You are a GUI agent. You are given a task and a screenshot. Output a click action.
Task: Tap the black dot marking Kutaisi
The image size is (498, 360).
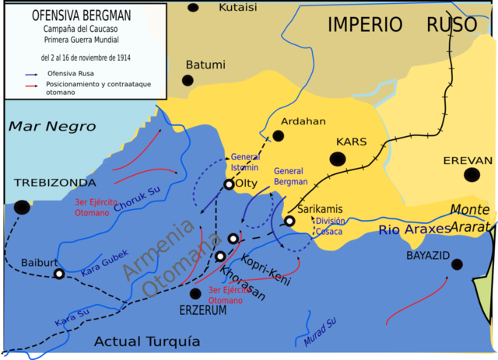click(193, 7)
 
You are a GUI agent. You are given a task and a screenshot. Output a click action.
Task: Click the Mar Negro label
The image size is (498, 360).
click(52, 127)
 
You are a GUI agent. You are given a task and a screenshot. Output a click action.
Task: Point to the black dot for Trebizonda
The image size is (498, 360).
click(22, 207)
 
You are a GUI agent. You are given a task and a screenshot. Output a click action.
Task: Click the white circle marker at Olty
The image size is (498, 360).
click(228, 185)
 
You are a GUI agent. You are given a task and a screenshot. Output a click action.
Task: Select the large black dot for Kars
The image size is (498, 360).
click(338, 159)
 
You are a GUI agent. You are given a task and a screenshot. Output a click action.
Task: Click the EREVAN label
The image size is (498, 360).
click(468, 160)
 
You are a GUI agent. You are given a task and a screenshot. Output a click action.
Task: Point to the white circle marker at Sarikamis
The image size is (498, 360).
click(289, 221)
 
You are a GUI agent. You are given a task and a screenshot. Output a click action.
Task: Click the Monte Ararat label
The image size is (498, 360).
click(472, 218)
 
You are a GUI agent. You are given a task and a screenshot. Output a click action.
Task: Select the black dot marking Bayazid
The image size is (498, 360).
click(457, 264)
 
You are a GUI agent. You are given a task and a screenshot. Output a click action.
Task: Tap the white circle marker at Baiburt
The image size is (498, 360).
click(58, 274)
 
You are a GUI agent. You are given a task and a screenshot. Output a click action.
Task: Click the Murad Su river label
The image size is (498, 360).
click(320, 330)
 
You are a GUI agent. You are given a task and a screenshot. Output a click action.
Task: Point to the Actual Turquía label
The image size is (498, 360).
click(147, 341)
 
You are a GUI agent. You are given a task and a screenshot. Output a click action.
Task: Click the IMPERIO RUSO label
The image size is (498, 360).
click(402, 24)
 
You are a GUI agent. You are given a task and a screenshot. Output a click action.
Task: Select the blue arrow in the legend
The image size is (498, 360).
click(32, 73)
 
